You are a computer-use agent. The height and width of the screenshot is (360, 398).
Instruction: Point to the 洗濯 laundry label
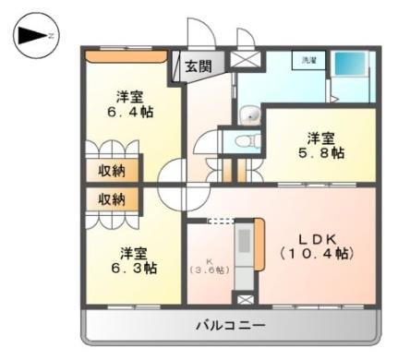pos(306,61)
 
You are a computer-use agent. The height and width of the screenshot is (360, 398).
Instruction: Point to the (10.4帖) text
pos(316,252)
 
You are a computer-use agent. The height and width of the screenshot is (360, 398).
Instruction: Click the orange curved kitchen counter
pos(260,245)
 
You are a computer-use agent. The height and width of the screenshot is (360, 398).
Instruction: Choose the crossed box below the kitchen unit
pos(244,300)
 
